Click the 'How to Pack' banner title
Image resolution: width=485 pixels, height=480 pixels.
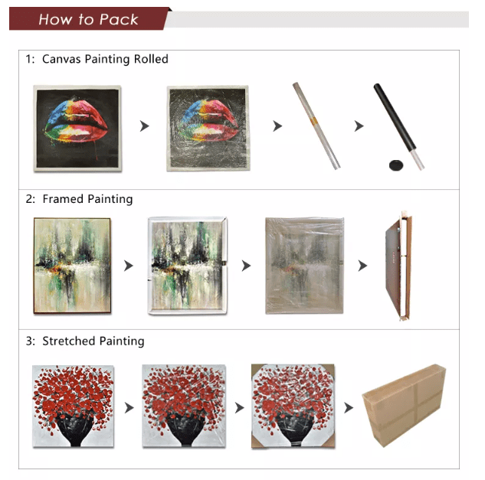click(x=88, y=19)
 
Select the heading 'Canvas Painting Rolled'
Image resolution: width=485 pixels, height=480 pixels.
click(x=105, y=59)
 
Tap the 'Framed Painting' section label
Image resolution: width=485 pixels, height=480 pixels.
click(x=87, y=199)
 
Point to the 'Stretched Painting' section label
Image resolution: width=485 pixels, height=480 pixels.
click(x=93, y=341)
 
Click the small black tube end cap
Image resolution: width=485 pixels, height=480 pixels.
click(x=396, y=165)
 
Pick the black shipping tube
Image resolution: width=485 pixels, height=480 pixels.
click(x=398, y=126)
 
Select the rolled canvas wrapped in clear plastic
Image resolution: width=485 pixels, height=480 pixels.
click(x=316, y=126)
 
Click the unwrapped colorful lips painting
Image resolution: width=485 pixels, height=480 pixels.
click(x=77, y=129)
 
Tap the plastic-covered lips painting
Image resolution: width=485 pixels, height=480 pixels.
click(x=208, y=128)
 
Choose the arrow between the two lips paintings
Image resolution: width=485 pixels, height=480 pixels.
click(x=144, y=126)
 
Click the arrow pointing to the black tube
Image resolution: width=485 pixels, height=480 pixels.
click(x=359, y=126)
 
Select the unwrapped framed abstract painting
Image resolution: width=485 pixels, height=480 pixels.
click(x=72, y=266)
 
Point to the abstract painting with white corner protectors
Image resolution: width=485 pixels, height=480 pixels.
click(x=188, y=266)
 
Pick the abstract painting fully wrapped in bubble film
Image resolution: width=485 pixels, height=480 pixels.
click(x=304, y=266)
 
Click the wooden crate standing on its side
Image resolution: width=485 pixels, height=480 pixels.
click(x=398, y=266)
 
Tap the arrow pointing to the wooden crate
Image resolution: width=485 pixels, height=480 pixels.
click(x=362, y=266)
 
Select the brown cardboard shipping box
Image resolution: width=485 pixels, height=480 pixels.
click(x=404, y=406)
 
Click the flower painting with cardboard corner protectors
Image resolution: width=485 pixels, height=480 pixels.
click(x=293, y=406)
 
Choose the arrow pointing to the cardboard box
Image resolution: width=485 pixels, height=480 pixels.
click(x=349, y=408)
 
